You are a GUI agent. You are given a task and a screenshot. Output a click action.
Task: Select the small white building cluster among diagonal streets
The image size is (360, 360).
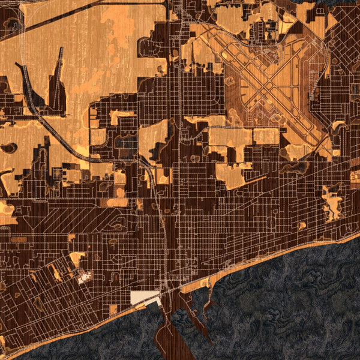[83, 278]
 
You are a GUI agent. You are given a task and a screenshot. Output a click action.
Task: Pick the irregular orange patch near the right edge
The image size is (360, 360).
[331, 202]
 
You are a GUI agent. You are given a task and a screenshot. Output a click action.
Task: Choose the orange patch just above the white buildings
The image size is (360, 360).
[77, 259]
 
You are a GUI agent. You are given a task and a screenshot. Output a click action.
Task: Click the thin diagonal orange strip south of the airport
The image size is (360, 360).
[254, 179]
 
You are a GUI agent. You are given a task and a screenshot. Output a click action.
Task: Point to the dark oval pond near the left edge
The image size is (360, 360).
[9, 148]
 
